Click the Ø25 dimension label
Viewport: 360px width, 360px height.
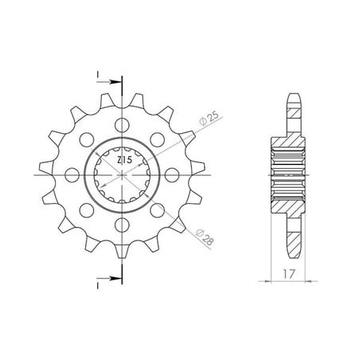click(209, 119)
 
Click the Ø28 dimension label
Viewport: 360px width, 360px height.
click(205, 237)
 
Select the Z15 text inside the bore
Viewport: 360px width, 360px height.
click(124, 160)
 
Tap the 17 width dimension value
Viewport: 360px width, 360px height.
click(288, 274)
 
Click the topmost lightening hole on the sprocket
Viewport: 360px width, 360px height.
click(122, 125)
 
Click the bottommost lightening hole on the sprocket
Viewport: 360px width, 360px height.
click(122, 225)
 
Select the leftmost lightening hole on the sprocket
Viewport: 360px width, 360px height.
click(72, 175)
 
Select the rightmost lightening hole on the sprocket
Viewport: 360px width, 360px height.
click(172, 175)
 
